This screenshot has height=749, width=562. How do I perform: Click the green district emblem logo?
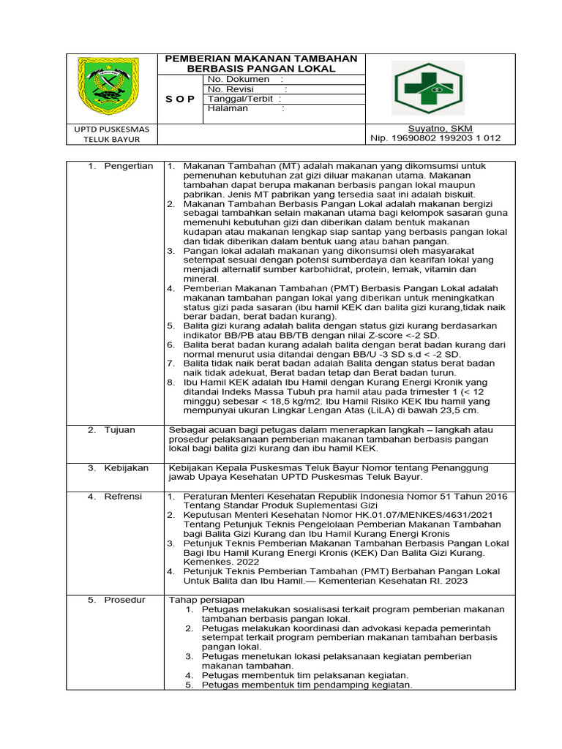(112, 88)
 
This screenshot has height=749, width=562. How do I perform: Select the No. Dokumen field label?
(238, 79)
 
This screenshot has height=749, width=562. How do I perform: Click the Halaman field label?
(228, 108)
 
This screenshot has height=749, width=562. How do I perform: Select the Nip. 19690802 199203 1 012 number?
(426, 138)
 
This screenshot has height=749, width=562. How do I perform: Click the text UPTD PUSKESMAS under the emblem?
(112, 129)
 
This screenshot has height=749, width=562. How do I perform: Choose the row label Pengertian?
(128, 166)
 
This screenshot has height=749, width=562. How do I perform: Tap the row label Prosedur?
(125, 600)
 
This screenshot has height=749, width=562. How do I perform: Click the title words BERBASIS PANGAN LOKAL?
(261, 69)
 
